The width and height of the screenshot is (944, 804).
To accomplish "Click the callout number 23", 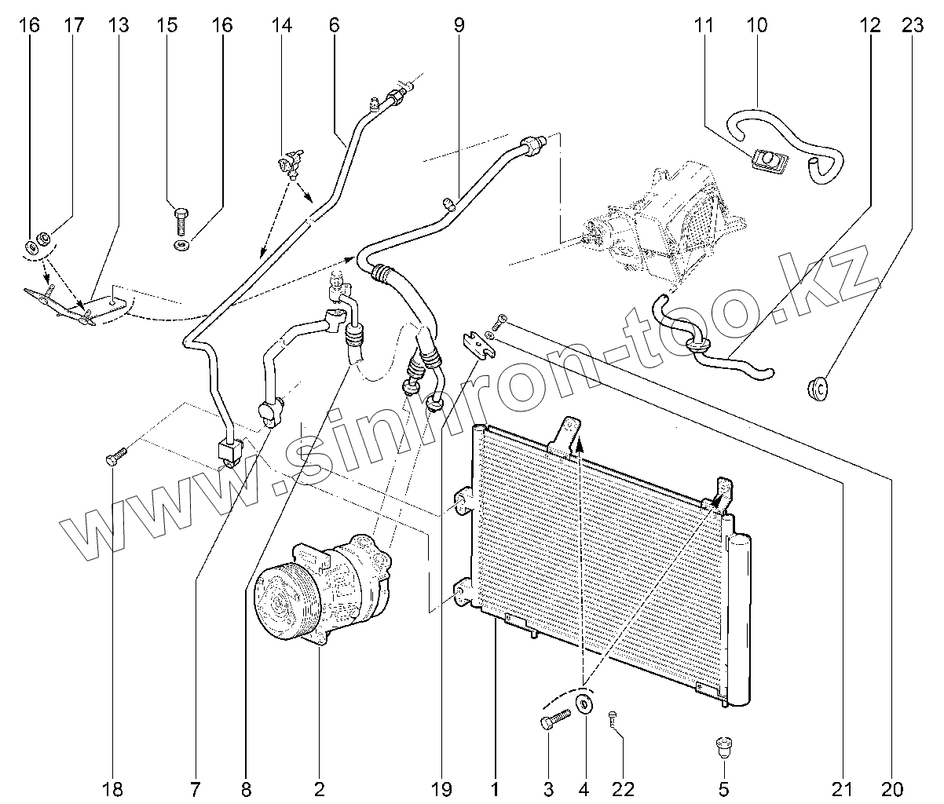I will tap(912, 25).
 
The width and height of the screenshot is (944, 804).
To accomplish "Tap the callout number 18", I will tap(113, 788).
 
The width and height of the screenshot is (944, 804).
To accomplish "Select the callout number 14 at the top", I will tap(282, 25).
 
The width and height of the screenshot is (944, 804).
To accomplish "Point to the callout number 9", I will tap(459, 25).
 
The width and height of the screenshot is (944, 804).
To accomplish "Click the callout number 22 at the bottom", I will tap(624, 788).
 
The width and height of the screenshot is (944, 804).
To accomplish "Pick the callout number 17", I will tap(73, 25).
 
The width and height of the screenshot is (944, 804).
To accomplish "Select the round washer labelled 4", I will tap(584, 703).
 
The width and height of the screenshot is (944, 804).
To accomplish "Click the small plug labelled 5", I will tap(723, 746).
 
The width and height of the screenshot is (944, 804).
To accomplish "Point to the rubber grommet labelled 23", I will tap(818, 387).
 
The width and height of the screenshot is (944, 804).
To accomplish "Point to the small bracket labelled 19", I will tap(476, 343).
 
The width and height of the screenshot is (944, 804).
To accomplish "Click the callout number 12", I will tap(869, 25).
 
